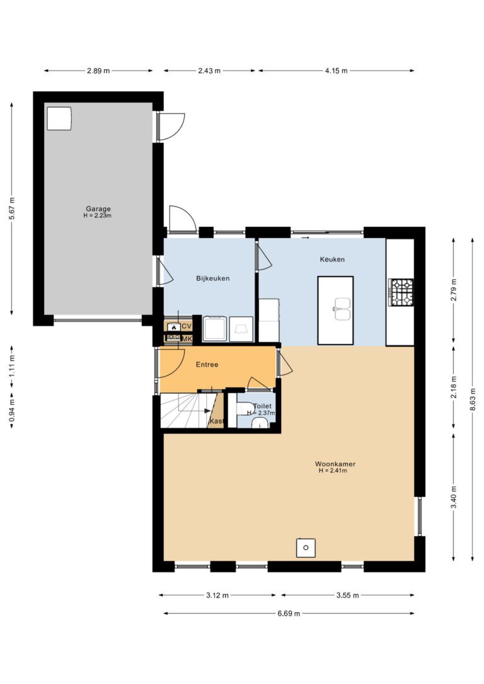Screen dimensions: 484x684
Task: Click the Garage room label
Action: [98, 208]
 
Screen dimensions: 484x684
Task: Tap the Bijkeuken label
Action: [212, 278]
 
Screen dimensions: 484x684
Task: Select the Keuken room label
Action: [332, 259]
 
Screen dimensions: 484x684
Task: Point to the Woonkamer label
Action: [335, 464]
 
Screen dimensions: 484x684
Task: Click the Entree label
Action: [207, 364]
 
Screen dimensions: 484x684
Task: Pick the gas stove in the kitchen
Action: [401, 292]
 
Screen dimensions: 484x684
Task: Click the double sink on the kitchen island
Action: [343, 309]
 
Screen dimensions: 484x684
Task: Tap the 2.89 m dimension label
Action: [98, 71]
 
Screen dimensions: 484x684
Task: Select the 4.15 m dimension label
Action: [336, 71]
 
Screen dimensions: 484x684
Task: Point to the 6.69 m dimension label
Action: [289, 613]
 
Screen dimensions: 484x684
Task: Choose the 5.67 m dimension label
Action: [12, 208]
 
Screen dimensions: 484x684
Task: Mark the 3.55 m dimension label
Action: [347, 595]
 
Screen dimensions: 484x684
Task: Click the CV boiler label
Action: [187, 326]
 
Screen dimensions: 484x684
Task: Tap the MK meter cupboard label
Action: [187, 339]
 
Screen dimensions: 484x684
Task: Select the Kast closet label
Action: [216, 421]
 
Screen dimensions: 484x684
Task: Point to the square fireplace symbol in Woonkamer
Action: [306, 548]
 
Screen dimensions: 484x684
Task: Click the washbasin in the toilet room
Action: [260, 423]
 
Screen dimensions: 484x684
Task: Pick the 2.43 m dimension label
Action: [209, 71]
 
